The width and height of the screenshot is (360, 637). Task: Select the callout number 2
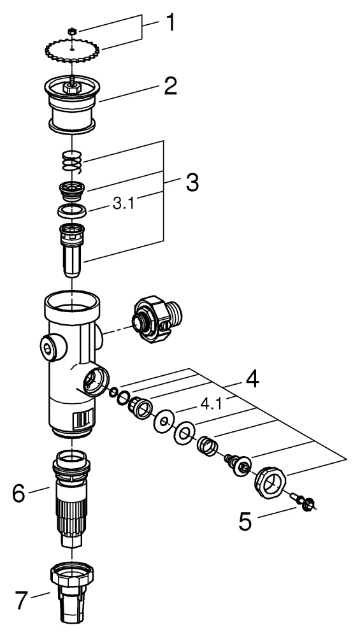[x=169, y=87]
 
